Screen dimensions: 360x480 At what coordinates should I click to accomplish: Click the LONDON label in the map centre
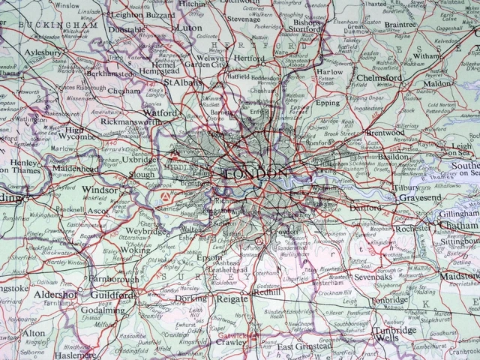coord(256,174)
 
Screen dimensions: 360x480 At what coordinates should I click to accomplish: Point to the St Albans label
coord(183,82)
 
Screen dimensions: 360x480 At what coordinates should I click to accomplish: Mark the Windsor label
coord(100,190)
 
